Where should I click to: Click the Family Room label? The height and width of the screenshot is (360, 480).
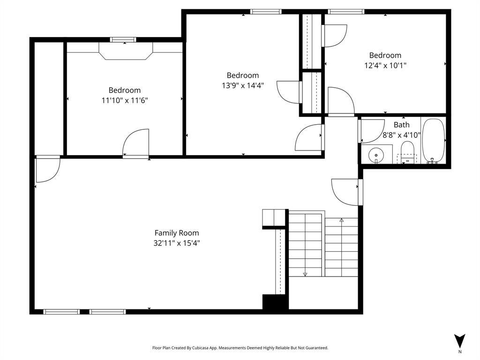pos(177,233)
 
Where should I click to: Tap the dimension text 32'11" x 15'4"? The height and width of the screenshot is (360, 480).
pos(177,243)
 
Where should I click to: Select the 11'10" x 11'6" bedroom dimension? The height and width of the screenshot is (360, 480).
pos(125,100)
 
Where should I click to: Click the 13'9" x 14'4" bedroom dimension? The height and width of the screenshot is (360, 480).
pos(243,85)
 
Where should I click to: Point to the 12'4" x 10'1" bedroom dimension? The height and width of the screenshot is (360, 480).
pos(385,66)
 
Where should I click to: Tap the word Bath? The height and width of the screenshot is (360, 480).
pos(401,125)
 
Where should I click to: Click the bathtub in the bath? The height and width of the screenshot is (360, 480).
pos(433,141)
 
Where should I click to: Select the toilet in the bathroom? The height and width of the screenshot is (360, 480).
pos(407,152)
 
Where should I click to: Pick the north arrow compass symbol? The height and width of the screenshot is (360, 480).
pos(460,341)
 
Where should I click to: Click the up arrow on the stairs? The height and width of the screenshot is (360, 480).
pos(342,220)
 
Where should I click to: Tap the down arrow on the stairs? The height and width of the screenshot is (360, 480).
pos(305,274)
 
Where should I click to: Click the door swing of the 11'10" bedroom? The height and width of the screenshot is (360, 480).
pos(136,143)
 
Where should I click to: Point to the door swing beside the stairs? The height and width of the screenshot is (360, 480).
pos(346,192)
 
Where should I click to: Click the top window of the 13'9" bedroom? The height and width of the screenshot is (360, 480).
pos(266,12)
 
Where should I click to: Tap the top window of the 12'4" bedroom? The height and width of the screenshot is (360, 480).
pos(346,12)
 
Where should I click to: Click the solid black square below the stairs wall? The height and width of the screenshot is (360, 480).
pos(275,302)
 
